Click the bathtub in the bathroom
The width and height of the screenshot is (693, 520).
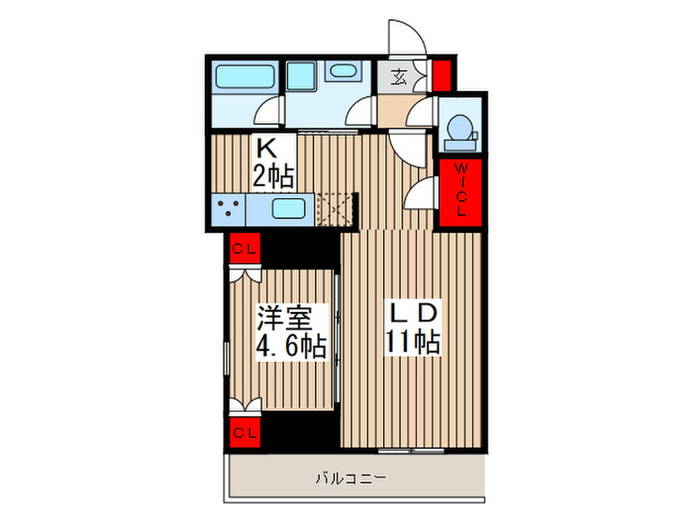pyautogui.click(x=243, y=76)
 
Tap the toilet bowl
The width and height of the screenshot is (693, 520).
pyautogui.click(x=460, y=130)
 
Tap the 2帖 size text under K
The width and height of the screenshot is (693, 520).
pyautogui.click(x=273, y=177)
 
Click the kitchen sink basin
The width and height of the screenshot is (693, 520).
pyautogui.click(x=289, y=210)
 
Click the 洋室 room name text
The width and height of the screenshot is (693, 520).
pyautogui.click(x=285, y=319)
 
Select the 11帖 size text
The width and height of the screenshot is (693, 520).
pyautogui.click(x=414, y=343)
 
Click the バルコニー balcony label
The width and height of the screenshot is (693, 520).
pyautogui.click(x=351, y=479)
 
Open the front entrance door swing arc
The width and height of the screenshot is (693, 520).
pyautogui.click(x=406, y=38)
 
